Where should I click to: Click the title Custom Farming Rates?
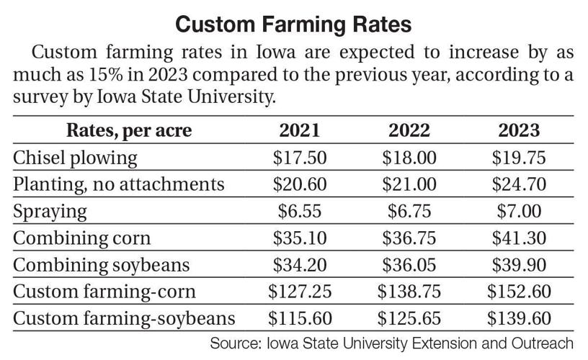pyautogui.click(x=294, y=24)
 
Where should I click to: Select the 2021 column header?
pyautogui.click(x=300, y=130)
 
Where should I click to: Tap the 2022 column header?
pyautogui.click(x=409, y=130)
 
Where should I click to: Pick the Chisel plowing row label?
pyautogui.click(x=76, y=157)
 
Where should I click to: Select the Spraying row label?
pyautogui.click(x=50, y=211)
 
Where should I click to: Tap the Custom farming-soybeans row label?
pyautogui.click(x=125, y=318)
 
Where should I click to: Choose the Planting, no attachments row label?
pyautogui.click(x=119, y=184)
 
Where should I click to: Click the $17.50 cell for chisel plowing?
pyautogui.click(x=300, y=157)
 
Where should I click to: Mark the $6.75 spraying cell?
pyautogui.click(x=409, y=211)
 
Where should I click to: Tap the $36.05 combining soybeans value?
pyautogui.click(x=409, y=264)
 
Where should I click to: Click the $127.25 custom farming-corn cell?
pyautogui.click(x=300, y=292)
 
